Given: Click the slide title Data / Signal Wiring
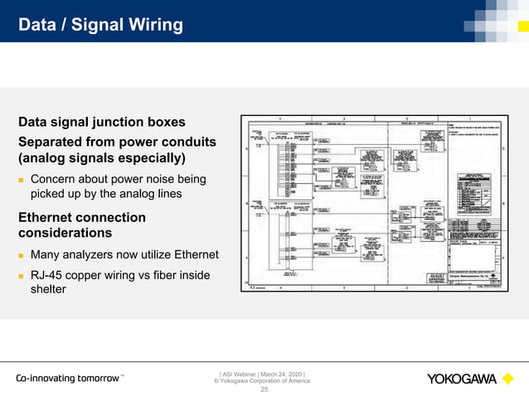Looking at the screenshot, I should pos(101,25).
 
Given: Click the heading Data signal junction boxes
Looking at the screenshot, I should pos(101,123).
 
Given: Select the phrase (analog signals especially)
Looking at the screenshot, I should pos(101,157).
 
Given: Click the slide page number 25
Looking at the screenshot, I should pos(265,389).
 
